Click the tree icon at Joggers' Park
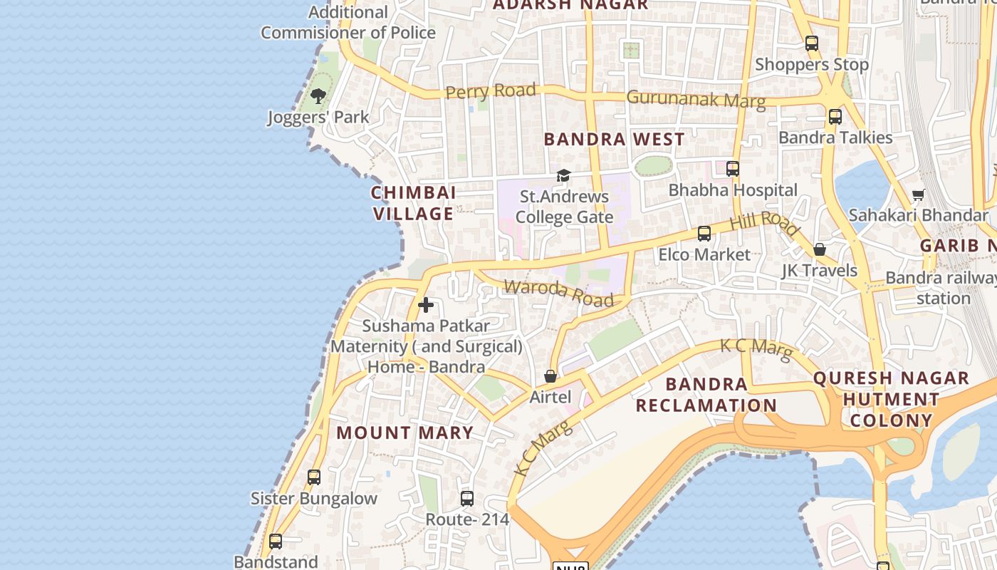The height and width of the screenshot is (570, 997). point(318,96)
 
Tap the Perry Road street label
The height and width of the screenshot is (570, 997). point(490,91)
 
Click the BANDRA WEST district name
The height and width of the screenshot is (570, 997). point(614,139)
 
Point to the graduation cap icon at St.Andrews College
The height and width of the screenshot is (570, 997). point(563,175)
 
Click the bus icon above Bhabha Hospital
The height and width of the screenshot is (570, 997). point(732,169)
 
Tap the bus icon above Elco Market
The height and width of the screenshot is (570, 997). point(704,234)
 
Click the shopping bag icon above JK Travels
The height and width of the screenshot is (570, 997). point(820,249)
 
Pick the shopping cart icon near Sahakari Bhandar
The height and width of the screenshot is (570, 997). point(919,195)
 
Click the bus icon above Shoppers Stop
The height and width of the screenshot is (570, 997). point(812,43)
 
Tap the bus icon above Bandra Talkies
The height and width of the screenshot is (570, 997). point(835,116)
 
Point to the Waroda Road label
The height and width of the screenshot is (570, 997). point(558,293)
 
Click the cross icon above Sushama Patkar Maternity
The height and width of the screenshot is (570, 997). point(426,305)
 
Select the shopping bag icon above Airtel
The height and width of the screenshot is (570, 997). point(550,376)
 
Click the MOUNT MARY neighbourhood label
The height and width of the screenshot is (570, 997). point(404,432)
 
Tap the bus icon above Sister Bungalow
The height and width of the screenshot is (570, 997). point(314,477)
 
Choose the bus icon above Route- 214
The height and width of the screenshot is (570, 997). point(467,499)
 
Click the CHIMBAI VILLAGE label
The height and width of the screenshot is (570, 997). point(413,203)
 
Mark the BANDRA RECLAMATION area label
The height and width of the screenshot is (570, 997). point(706,395)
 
